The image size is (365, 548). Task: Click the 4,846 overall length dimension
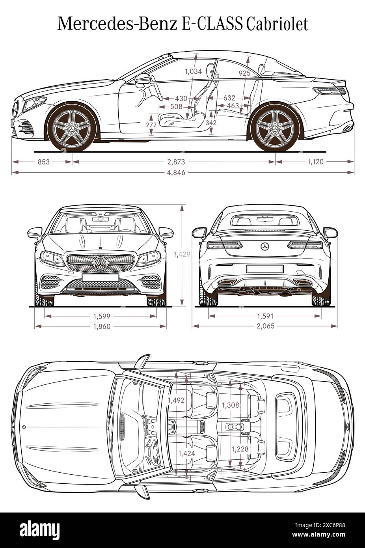tap(176, 173)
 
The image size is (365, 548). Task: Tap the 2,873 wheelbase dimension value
tap(176, 162)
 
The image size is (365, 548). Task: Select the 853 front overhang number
tap(43, 162)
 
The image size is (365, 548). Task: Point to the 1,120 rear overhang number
tap(315, 162)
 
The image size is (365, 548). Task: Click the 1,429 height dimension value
tap(182, 255)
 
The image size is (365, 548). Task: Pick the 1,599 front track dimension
tap(102, 316)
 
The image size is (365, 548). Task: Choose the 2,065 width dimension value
tap(265, 326)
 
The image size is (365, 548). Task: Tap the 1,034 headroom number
tap(193, 71)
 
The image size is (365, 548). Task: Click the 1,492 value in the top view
tap(176, 400)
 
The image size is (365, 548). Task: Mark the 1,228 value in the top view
tap(240, 449)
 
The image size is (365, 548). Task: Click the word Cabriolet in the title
tap(277, 24)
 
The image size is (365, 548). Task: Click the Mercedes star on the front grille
tap(101, 264)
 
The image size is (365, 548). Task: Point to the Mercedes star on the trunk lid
tap(265, 247)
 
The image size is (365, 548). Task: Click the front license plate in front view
tap(101, 278)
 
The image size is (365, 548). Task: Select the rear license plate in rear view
tap(265, 269)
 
